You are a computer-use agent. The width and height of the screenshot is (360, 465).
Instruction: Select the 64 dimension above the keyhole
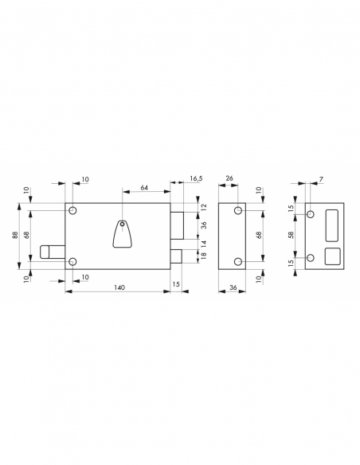coord(145,188)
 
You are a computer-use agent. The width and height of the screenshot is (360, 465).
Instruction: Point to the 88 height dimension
coord(18,236)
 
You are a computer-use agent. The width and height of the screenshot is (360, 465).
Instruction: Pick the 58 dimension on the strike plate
coord(292,236)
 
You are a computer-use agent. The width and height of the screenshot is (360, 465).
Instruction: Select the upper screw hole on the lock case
coord(73,211)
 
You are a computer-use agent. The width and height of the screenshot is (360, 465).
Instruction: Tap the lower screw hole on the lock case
coord(73,261)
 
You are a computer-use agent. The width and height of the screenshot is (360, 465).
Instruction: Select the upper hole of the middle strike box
coord(237,211)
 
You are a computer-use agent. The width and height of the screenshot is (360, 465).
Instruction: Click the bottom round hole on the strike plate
coord(311,257)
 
